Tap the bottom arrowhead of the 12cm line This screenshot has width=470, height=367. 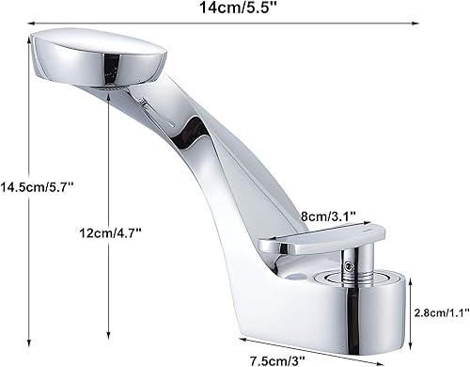(111, 333)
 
